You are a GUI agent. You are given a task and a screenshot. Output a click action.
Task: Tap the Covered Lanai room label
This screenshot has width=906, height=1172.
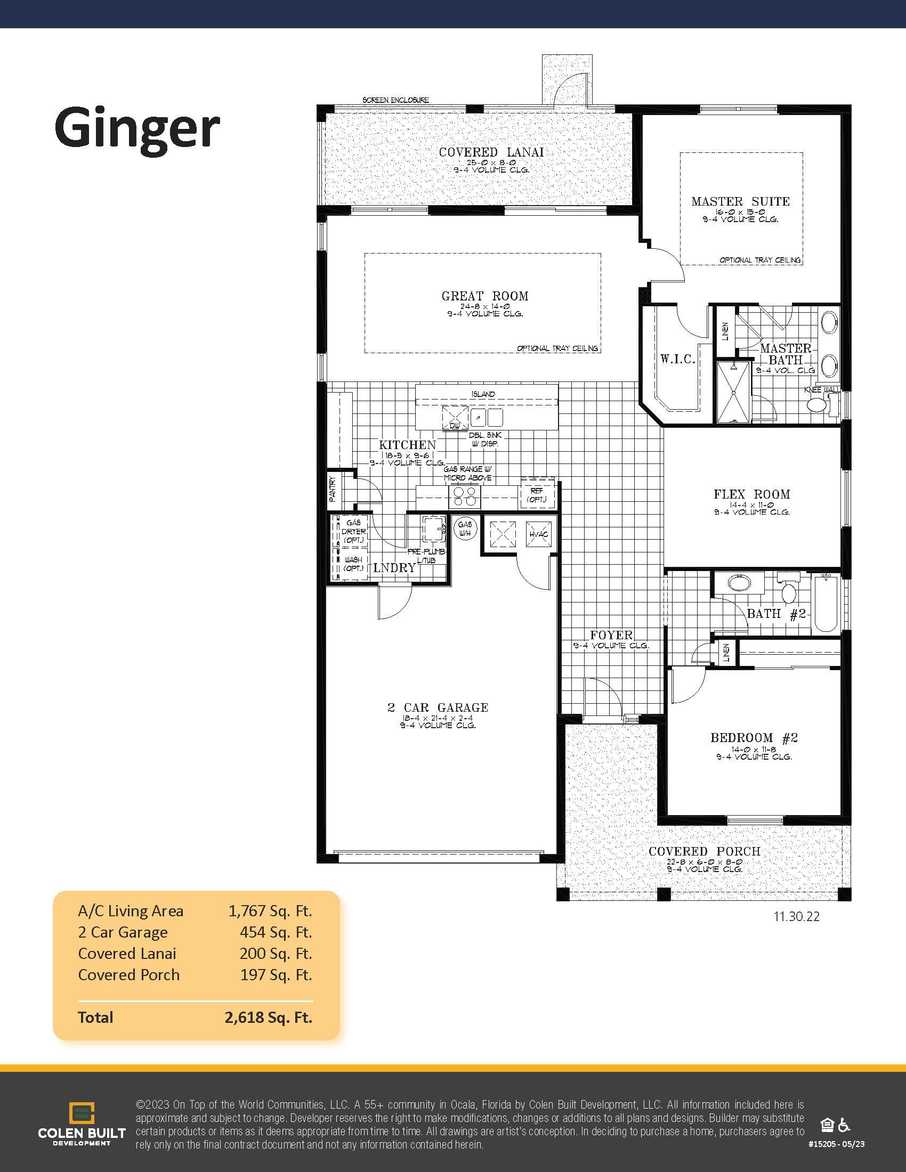coord(491,152)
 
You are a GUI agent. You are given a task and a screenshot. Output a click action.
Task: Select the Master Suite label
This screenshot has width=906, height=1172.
coord(740,202)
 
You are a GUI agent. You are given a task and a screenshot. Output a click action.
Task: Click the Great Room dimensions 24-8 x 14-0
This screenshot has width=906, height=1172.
coord(484,305)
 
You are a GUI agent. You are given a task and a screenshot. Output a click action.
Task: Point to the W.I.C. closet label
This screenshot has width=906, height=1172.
coord(677,359)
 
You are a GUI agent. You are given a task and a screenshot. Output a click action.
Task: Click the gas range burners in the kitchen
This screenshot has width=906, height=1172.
coord(464,497)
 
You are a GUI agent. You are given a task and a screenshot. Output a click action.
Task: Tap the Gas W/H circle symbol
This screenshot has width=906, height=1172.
coord(465,528)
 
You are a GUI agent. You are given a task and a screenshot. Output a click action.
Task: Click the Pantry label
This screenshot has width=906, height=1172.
coord(332,489)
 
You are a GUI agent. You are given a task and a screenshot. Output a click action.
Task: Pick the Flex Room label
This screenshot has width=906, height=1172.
coord(751,494)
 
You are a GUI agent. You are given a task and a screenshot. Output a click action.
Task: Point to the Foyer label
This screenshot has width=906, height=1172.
coord(611,635)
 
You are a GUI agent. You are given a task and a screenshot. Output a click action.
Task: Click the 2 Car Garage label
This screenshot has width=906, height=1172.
coord(438,707)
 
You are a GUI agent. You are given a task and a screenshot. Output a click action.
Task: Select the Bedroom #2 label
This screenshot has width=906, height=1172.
coord(754,738)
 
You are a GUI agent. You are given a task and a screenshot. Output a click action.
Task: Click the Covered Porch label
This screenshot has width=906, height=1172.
coord(704,851)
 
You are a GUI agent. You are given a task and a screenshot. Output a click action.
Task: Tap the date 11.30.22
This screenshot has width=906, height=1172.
coord(796,917)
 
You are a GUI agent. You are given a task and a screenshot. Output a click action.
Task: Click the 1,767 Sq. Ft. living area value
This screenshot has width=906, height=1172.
coord(270,911)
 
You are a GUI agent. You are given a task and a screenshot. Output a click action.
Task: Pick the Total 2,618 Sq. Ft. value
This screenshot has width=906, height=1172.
coord(269,1018)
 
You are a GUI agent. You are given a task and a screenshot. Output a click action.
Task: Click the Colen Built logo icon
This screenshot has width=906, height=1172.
coord(82,1113)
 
